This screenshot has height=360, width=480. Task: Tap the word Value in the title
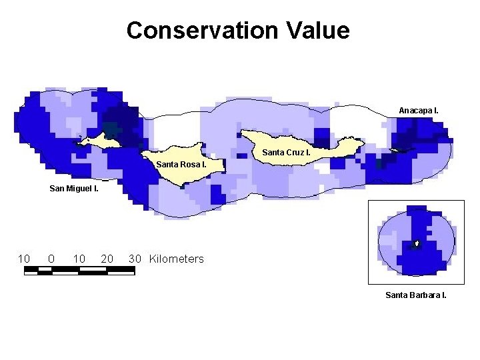coord(317,31)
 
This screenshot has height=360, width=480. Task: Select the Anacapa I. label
coord(419,109)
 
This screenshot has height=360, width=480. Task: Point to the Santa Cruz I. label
coord(286,153)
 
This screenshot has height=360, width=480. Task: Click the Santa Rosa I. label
coord(181,163)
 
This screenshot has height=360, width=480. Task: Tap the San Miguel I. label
coord(74,189)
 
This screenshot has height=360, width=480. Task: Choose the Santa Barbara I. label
coord(416,295)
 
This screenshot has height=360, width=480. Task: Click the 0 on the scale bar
coord(51,259)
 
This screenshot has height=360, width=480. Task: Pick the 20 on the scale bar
coord(107,259)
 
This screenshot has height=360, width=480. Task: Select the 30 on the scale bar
coord(135,259)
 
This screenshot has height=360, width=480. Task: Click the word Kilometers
coord(177,259)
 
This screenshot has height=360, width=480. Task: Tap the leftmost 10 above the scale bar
coord(24,259)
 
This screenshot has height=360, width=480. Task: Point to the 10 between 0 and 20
coord(79,259)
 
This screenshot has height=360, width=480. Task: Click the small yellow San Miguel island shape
coord(100,141)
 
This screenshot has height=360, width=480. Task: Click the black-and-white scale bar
coord(79,271)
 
